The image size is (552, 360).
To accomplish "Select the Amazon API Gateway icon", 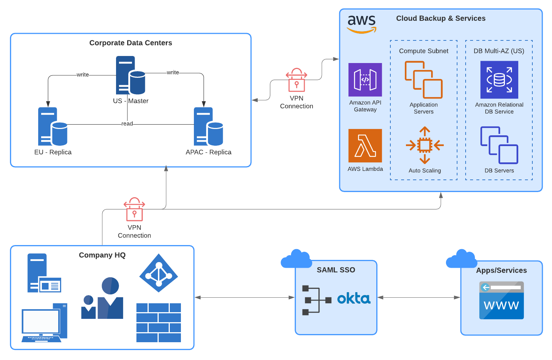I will [x=365, y=80].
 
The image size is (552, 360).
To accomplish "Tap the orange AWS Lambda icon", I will [x=365, y=146].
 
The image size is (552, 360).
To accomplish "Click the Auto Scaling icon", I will [x=424, y=145].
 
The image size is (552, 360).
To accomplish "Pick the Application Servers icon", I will [x=423, y=80].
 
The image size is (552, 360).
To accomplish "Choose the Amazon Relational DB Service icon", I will [x=499, y=80].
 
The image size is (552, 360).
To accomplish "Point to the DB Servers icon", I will [x=499, y=145].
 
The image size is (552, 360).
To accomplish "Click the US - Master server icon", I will [x=130, y=75].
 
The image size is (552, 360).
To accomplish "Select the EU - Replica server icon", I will [x=53, y=126].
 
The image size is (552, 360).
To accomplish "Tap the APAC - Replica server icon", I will [x=208, y=126].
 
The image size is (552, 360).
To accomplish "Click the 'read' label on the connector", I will [x=127, y=124].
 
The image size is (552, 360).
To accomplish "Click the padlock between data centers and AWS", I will [x=297, y=80].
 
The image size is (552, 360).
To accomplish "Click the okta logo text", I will [x=354, y=298].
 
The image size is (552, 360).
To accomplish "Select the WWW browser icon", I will [x=501, y=300].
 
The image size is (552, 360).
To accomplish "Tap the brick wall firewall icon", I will [x=159, y=323].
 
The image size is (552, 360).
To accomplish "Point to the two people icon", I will [x=103, y=298].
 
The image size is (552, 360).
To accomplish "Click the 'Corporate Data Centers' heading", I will [x=130, y=43].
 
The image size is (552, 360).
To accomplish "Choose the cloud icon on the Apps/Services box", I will [x=462, y=259].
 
